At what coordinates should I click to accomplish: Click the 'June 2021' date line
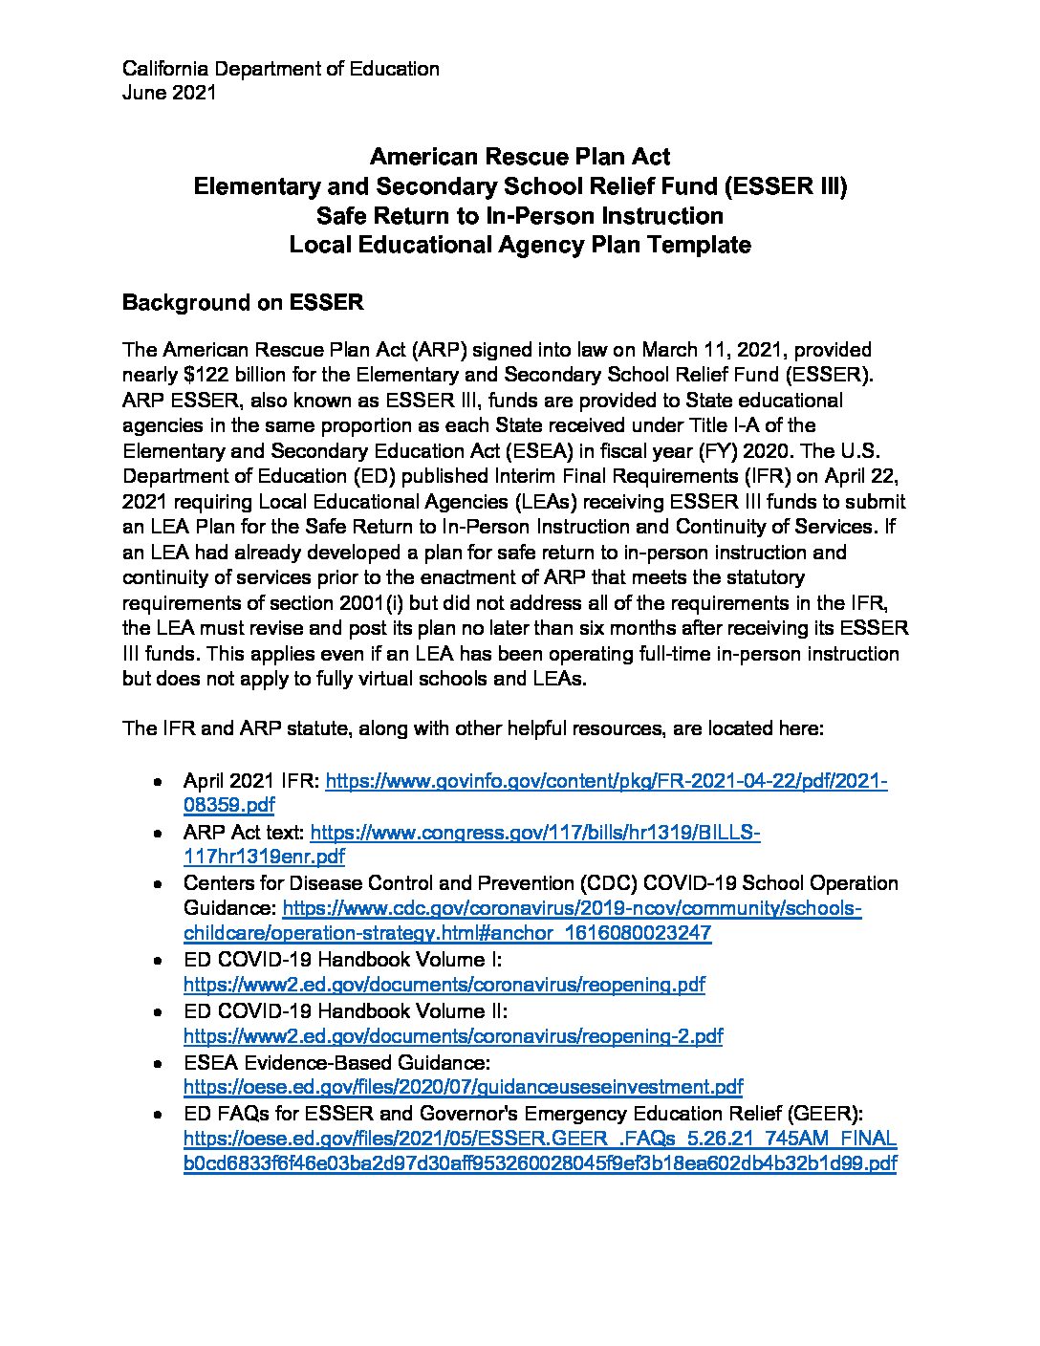click(x=169, y=93)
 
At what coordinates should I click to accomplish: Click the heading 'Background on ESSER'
click(x=243, y=303)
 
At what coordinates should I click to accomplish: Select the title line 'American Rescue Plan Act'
click(x=520, y=157)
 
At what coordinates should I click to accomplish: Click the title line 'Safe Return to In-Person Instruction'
click(x=520, y=215)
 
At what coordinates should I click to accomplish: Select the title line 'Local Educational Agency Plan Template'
click(x=520, y=245)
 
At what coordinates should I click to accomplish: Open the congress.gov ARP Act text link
click(x=535, y=833)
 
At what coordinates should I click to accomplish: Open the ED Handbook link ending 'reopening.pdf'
click(x=444, y=985)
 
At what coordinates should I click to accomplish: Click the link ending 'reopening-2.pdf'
click(x=452, y=1036)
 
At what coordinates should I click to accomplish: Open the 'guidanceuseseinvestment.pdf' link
click(x=463, y=1087)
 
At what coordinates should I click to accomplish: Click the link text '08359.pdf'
click(x=228, y=806)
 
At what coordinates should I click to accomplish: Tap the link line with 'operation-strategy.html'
click(x=447, y=933)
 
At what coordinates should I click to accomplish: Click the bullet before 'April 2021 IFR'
click(x=157, y=782)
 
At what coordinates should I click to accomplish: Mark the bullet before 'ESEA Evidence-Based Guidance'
click(x=157, y=1063)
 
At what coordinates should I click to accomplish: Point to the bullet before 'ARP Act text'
click(x=157, y=834)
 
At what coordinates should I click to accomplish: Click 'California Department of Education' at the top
click(x=281, y=69)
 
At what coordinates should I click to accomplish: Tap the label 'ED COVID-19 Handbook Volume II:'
click(x=345, y=1011)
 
